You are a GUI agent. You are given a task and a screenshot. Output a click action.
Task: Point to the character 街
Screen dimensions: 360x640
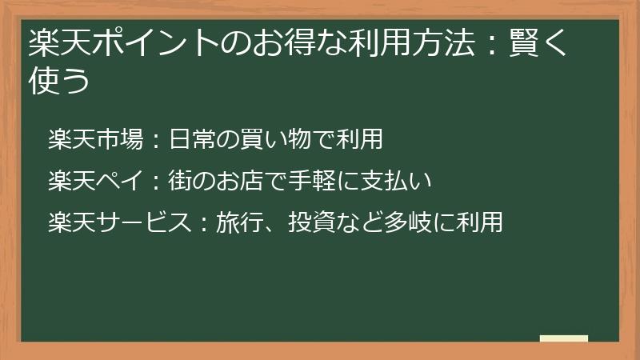pyautogui.click(x=180, y=182)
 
